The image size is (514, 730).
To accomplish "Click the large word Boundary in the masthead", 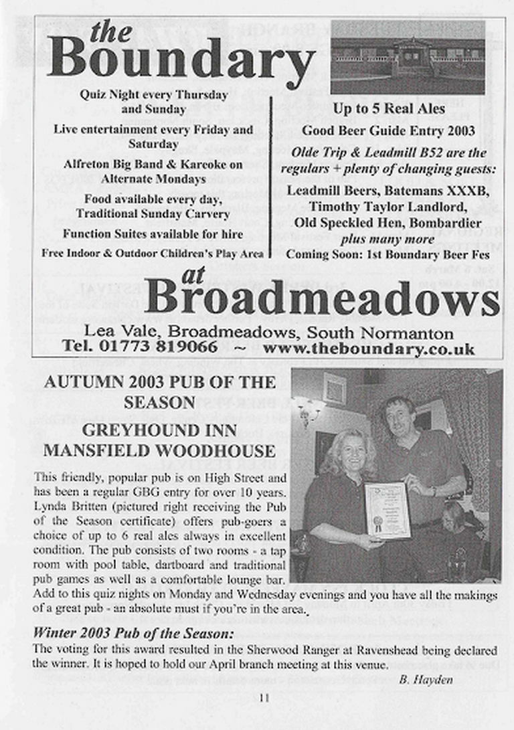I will tap(181, 59).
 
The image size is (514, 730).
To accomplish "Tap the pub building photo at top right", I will tap(407, 57).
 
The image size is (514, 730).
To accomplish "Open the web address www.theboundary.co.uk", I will tap(369, 349).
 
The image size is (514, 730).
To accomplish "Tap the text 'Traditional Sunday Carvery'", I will tap(153, 214).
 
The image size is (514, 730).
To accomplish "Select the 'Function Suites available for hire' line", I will tap(153, 234).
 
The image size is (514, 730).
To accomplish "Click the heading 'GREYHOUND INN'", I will tap(159, 430).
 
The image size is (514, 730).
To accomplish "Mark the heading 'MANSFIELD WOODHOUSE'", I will tap(159, 450).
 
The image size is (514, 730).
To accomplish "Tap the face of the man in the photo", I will tap(401, 419).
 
